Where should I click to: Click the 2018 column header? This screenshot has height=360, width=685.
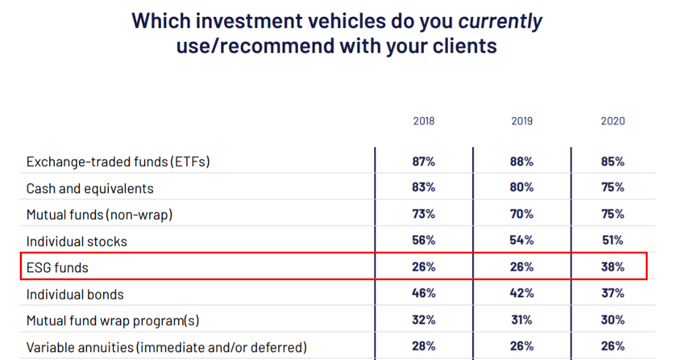point(423,121)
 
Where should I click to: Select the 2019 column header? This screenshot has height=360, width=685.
point(522,121)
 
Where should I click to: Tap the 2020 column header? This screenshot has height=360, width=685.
point(613,121)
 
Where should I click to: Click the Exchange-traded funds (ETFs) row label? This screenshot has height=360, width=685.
point(118,162)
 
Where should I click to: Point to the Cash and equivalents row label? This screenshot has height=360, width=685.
point(90,188)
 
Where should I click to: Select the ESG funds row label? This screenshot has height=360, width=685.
point(57,268)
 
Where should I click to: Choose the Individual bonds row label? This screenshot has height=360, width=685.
point(75,294)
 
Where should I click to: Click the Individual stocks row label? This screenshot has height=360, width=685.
point(77,241)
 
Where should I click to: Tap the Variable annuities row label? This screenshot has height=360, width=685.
point(167,347)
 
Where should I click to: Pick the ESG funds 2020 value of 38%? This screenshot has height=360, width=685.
point(613,267)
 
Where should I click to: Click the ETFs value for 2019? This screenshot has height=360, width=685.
point(522,162)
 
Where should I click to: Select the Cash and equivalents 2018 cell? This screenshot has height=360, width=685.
point(424,187)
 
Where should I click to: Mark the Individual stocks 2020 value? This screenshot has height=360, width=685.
point(613,241)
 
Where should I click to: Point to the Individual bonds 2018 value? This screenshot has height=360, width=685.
point(424,293)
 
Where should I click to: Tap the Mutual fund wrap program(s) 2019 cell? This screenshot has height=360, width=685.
point(522,320)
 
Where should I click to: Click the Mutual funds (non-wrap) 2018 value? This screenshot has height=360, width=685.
point(424,214)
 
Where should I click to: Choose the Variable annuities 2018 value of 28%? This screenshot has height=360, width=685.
point(424,346)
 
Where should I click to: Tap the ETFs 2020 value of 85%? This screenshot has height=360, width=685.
point(613,162)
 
